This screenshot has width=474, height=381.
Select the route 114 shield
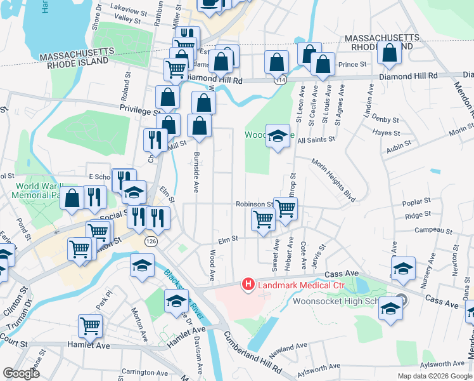point(279,80)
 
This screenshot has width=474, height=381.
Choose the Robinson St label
point(253,204)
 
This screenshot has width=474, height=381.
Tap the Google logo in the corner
point(21,373)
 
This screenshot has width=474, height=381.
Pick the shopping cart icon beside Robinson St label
point(285,206)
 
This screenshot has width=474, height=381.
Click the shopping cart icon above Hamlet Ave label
point(91,326)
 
